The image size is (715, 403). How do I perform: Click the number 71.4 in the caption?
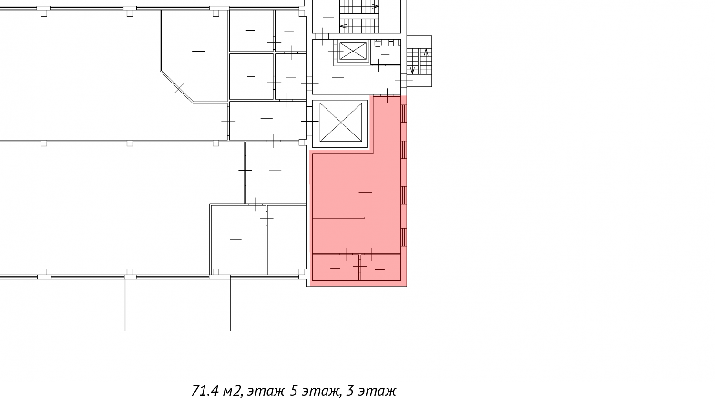pyautogui.click(x=205, y=391)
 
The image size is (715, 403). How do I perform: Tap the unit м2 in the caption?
pyautogui.click(x=231, y=391)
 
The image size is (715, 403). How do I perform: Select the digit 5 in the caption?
pyautogui.click(x=294, y=391)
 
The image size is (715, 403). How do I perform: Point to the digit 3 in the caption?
pyautogui.click(x=350, y=391)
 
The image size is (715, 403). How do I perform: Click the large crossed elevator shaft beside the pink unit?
pyautogui.click(x=341, y=122)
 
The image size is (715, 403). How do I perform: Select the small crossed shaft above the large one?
pyautogui.click(x=353, y=51)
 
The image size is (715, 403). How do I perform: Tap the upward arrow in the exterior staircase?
pyautogui.click(x=426, y=52)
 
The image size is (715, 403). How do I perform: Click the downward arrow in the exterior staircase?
pyautogui.click(x=412, y=70)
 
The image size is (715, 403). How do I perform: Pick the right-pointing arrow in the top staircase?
pyautogui.click(x=375, y=6)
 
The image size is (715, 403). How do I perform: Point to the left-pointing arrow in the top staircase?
pyautogui.click(x=344, y=26)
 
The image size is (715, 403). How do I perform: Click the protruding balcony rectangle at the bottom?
pyautogui.click(x=177, y=304)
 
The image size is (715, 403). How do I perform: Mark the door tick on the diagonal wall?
pyautogui.click(x=179, y=88)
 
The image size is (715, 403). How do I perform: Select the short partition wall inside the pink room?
pyautogui.click(x=338, y=218)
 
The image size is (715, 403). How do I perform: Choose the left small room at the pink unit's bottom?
pyautogui.click(x=336, y=268)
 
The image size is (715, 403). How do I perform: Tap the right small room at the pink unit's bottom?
pyautogui.click(x=380, y=268)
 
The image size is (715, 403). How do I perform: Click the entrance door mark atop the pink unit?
pyautogui.click(x=388, y=95)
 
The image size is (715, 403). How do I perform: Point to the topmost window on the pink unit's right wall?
pyautogui.click(x=404, y=114)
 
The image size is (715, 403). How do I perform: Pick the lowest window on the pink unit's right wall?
pyautogui.click(x=404, y=237)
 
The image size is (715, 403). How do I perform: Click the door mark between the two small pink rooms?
pyautogui.click(x=360, y=266)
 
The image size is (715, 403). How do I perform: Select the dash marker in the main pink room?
pyautogui.click(x=365, y=192)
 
